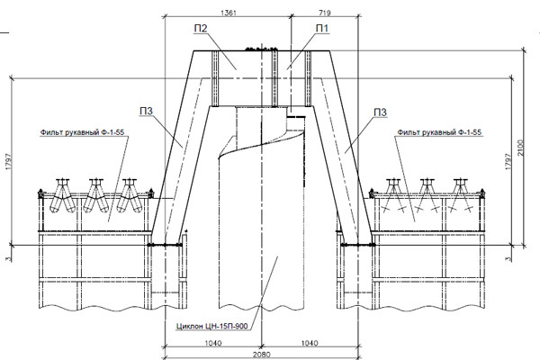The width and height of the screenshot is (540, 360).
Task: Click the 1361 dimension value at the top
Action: click(229, 13)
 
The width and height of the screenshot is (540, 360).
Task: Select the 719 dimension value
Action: click(325, 13)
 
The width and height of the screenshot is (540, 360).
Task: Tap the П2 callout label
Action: click(201, 28)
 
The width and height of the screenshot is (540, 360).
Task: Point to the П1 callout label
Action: click(322, 28)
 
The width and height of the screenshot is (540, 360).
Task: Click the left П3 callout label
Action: click(146, 112)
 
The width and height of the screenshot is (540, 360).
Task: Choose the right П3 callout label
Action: click(380, 112)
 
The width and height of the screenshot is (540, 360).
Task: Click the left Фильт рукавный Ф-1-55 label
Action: click(82, 132)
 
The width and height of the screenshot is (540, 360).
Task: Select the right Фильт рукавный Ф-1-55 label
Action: click(439, 132)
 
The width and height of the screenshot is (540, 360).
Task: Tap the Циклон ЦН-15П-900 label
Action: click(211, 326)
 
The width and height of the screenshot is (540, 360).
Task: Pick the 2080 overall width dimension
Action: click(261, 355)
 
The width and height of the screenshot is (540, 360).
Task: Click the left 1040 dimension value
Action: click(213, 343)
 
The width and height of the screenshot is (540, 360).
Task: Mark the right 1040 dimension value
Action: click(310, 343)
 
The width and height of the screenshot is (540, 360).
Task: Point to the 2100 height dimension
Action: click(520, 148)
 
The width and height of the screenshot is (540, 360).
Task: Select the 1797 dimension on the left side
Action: click(9, 161)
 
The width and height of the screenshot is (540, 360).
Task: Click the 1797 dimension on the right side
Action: click(508, 161)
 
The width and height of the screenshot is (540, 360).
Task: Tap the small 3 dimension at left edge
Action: click(9, 258)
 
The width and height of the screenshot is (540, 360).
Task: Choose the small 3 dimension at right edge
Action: click(508, 258)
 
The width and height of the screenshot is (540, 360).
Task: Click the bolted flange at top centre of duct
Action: click(261, 49)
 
